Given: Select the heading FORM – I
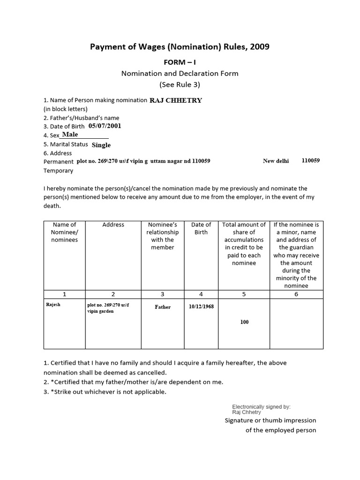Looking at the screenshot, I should tap(180, 63).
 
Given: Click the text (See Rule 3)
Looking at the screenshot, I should tap(180, 84).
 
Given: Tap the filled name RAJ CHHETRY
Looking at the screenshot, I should tap(175, 100).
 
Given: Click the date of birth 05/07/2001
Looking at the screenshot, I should tap(105, 126).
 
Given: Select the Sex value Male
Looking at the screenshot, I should tap(70, 135).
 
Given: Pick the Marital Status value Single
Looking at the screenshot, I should tap(101, 145).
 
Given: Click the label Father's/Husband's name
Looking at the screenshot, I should tap(81, 118).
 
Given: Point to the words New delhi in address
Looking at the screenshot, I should tap(276, 161).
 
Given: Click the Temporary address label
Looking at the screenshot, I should tap(59, 171).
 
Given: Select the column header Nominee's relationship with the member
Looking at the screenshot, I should tap(162, 236).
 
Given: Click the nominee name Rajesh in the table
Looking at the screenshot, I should tap(53, 304).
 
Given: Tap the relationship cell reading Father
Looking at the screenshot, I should tap(163, 307).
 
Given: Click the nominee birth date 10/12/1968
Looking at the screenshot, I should tap(201, 307).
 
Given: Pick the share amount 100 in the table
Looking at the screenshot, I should tap(244, 322).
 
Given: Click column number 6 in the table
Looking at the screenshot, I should tap(296, 294).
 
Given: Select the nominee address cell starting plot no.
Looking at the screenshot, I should tap(107, 307).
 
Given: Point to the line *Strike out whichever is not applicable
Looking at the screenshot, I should tap(107, 392).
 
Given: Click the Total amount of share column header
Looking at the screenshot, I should tap(244, 244).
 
